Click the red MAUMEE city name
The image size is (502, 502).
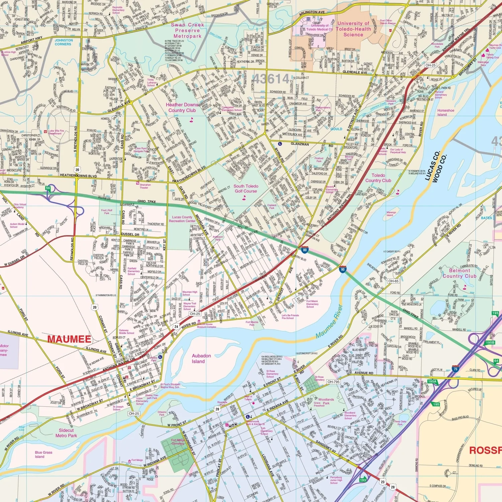[69, 339]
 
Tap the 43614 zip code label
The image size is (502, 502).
[271, 79]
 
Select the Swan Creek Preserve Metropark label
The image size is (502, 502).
[187, 30]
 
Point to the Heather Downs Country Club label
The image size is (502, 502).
[182, 107]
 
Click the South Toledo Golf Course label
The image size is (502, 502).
[246, 189]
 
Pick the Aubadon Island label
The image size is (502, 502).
[201, 359]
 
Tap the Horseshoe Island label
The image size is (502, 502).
[445, 112]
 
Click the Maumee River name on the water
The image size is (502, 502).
[329, 321]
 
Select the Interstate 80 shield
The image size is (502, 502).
[305, 250]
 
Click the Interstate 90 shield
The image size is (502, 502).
[342, 269]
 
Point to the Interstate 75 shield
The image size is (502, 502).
[455, 369]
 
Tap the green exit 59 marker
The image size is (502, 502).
[48, 188]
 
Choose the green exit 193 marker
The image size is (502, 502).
[363, 480]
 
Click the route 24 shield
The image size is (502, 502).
[176, 326]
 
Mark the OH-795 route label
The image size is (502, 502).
[333, 382]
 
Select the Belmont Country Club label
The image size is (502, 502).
[459, 273]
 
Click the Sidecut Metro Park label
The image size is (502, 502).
[66, 433]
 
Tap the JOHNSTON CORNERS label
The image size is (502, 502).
[64, 42]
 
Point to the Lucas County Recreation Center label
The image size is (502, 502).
[182, 219]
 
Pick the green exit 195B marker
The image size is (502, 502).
[490, 342]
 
